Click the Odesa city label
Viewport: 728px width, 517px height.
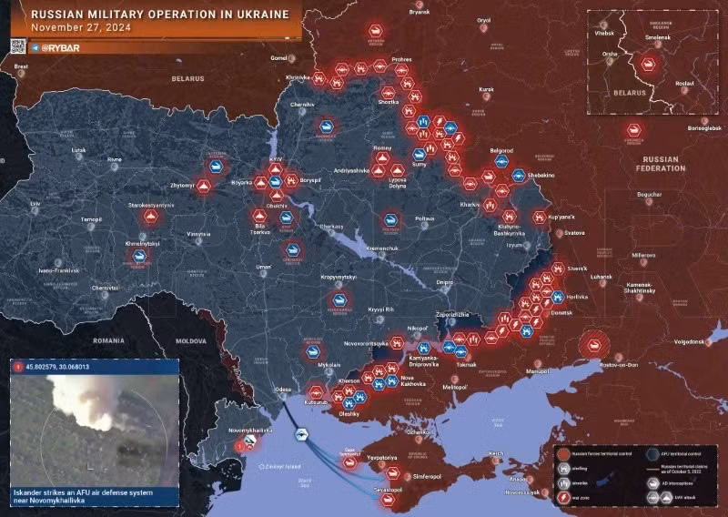pos(283,390)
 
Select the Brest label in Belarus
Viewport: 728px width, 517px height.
pos(22,66)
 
